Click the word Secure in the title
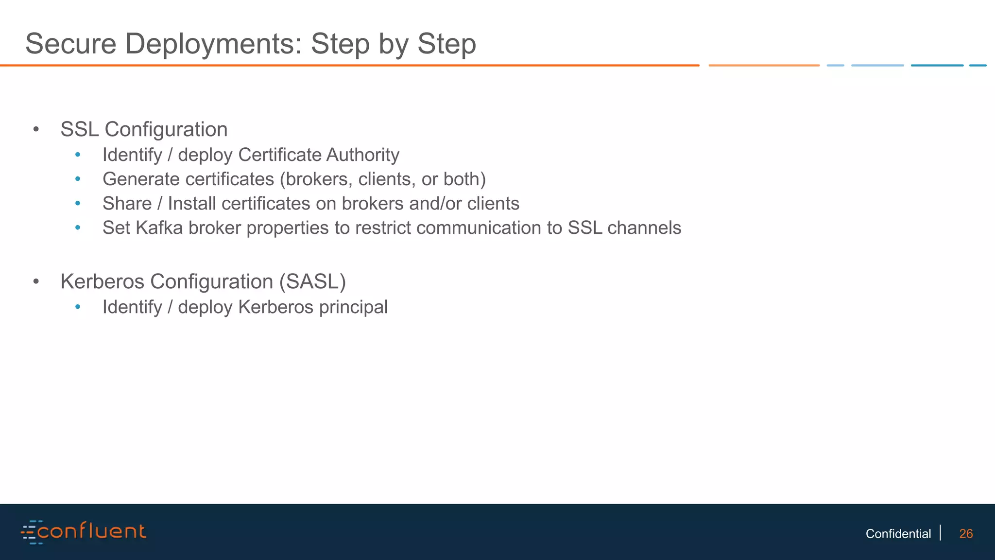coord(71,44)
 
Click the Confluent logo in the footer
coord(83,531)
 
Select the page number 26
coord(966,534)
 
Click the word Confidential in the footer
coord(898,534)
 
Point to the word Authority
coord(363,155)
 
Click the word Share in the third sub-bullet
coord(127,204)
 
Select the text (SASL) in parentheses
coord(312,282)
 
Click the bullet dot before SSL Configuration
coord(36,130)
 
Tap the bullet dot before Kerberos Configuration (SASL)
coord(36,282)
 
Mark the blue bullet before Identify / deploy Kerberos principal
coord(78,307)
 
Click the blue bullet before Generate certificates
coord(78,179)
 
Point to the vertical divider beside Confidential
coord(941,533)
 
